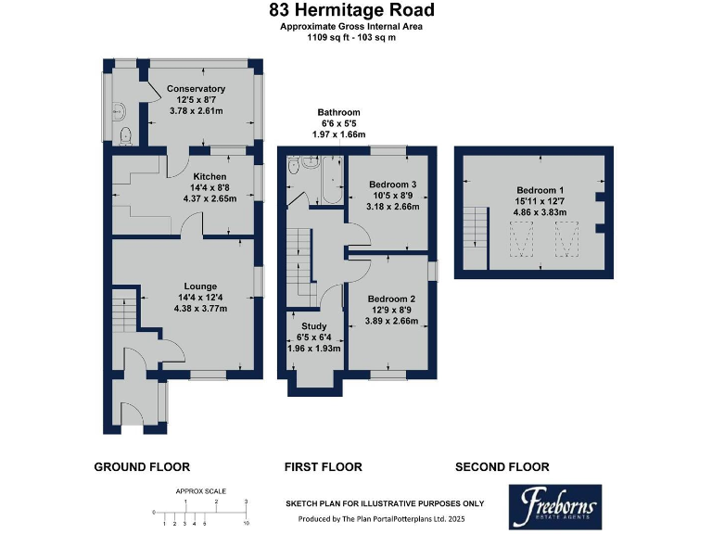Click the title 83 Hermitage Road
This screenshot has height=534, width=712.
(351, 10)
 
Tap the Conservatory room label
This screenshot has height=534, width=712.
(196, 89)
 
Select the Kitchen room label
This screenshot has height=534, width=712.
(210, 177)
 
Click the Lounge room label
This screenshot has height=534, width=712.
(200, 286)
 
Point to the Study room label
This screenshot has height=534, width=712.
(313, 326)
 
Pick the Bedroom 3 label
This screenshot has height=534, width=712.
(393, 184)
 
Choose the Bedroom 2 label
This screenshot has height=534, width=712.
(391, 299)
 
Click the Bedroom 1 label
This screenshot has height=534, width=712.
(540, 190)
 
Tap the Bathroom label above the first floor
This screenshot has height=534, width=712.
(338, 112)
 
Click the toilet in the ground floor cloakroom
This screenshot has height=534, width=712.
(125, 136)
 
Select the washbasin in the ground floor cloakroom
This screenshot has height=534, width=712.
(119, 111)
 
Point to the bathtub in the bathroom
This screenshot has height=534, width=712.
(332, 180)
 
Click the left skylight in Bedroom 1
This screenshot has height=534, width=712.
(521, 239)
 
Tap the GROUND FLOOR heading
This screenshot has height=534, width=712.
(142, 467)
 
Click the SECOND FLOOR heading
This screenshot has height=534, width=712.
(502, 467)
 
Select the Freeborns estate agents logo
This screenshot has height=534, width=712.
(555, 507)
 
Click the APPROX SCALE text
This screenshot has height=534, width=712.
(200, 491)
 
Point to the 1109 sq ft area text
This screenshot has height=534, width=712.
(327, 38)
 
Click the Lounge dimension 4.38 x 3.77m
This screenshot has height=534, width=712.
(200, 309)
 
